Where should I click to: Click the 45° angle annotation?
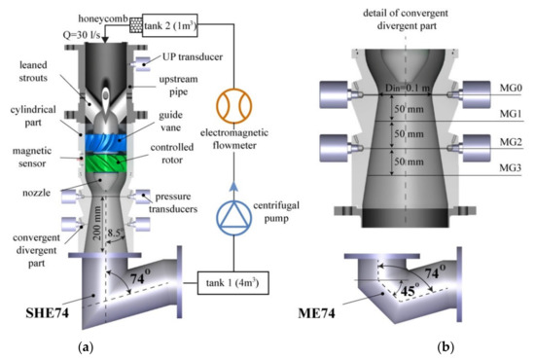pos(400,288)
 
